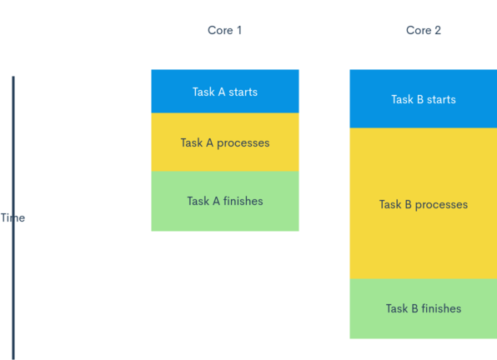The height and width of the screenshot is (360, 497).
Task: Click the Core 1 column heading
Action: tap(224, 30)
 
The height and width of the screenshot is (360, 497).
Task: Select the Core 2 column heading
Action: tap(424, 30)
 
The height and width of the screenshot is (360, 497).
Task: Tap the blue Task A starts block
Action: tap(225, 91)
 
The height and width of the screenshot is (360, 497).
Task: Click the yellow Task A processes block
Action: tap(225, 142)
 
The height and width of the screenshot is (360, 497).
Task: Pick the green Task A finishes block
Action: tap(225, 201)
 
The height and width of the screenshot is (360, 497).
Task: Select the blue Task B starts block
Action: tap(424, 99)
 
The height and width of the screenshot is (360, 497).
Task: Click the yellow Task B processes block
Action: tap(424, 203)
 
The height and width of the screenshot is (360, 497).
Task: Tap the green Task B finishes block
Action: tap(424, 308)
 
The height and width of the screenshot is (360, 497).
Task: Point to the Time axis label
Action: tap(13, 217)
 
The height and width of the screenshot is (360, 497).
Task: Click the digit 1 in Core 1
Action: tap(239, 30)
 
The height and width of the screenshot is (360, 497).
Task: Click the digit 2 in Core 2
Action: tap(438, 30)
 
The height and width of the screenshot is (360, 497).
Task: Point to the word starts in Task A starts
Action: tap(243, 92)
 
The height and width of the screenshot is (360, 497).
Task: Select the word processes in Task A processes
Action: tap(243, 143)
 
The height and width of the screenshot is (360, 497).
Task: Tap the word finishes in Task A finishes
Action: tap(243, 201)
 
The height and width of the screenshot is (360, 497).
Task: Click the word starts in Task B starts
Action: tap(441, 100)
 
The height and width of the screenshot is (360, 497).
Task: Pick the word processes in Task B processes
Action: tap(441, 205)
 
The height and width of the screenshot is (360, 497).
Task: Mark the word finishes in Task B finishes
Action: tap(441, 308)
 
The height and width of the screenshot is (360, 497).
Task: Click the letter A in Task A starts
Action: tap(222, 92)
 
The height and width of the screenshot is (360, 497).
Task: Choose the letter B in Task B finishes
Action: tap(414, 308)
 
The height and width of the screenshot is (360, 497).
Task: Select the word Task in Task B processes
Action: tap(390, 204)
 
